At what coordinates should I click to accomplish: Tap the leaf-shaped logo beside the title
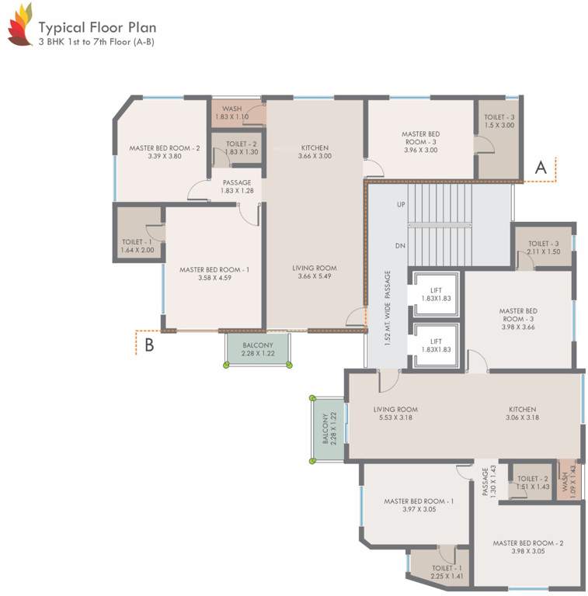pos(20,26)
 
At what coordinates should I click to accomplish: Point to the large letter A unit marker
pos(541,167)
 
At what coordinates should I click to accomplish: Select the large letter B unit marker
pos(149,345)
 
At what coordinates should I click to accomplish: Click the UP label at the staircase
pos(401,205)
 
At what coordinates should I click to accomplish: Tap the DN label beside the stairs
pos(401,246)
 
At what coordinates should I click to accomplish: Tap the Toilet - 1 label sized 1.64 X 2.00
pos(137,246)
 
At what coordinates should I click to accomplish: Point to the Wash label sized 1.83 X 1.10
pos(231,113)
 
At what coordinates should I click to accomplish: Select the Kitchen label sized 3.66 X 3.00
pos(315,152)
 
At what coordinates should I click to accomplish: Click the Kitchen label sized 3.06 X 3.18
pos(522,414)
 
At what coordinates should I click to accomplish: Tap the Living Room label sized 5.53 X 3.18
pos(396,414)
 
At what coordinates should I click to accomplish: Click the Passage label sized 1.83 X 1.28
pos(236,187)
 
